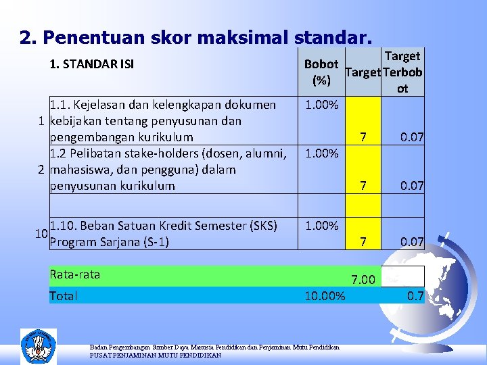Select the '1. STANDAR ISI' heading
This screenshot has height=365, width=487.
pos(91,65)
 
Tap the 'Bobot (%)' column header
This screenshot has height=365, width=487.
pos(321,72)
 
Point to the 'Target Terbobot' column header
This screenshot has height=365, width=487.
pos(402,72)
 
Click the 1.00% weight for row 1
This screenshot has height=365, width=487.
pos(321,105)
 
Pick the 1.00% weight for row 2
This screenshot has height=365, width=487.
pos(321,154)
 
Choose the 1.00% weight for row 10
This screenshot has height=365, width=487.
pos(321,226)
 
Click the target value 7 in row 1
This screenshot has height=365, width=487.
pos(363,138)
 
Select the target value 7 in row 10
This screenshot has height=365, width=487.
pos(363,241)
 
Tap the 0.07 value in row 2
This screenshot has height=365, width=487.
pos(411,186)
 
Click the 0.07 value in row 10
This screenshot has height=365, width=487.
pos(411,241)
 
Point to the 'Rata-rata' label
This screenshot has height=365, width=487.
pos(74,274)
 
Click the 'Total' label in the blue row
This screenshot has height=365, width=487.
pos(64,296)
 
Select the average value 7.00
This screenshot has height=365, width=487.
pos(363,279)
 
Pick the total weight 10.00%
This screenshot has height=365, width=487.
pos(325,296)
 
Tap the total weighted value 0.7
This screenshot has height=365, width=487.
pos(414,295)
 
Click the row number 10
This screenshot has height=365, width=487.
pos(41,234)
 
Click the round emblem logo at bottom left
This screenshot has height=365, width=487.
pos(39,346)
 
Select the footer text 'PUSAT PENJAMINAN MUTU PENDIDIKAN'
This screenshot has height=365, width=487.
pos(155,355)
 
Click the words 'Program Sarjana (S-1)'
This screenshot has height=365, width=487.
pos(110,242)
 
